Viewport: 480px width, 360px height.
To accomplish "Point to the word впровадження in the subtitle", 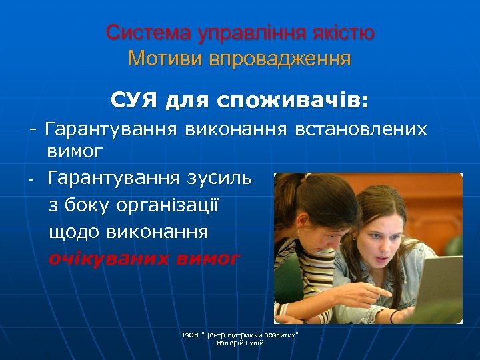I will point(279,59).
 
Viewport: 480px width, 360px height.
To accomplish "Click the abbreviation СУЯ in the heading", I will point(133,101).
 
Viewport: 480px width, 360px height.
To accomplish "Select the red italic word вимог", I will point(207,258).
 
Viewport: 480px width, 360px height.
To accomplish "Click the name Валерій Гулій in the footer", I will point(240,343).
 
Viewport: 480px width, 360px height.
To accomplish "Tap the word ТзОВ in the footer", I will point(190,334).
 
